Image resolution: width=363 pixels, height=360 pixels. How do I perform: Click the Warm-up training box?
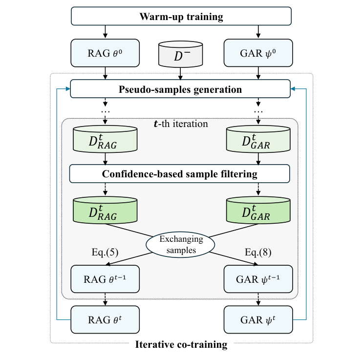pyautogui.click(x=181, y=17)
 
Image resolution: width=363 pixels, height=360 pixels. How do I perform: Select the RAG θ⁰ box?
pyautogui.click(x=105, y=53)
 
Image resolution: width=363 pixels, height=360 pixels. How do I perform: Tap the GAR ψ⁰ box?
pyautogui.click(x=258, y=53)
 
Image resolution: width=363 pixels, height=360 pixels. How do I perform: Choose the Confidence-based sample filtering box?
pyautogui.click(x=180, y=173)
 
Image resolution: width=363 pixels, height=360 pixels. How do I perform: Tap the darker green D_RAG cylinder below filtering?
pyautogui.click(x=105, y=211)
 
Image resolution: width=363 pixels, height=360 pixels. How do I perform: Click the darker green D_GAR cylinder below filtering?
pyautogui.click(x=258, y=211)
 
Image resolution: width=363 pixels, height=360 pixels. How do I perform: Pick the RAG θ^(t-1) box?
pyautogui.click(x=105, y=279)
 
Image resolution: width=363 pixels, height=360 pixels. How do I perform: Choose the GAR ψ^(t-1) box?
pyautogui.click(x=258, y=279)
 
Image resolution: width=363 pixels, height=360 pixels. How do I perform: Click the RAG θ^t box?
pyautogui.click(x=105, y=320)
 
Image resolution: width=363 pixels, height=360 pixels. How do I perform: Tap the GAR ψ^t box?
pyautogui.click(x=258, y=320)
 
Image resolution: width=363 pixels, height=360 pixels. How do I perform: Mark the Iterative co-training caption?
pyautogui.click(x=181, y=344)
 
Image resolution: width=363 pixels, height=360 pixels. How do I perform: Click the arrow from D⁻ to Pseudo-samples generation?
pyautogui.click(x=181, y=74)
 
